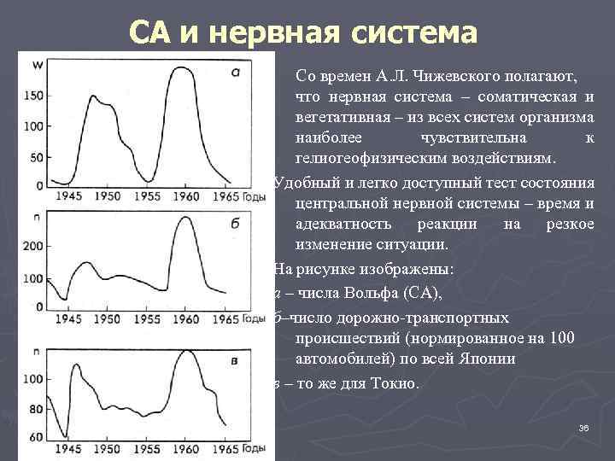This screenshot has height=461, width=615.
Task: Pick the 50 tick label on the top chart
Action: coord(36,158)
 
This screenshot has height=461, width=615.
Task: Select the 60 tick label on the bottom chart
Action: coord(36,438)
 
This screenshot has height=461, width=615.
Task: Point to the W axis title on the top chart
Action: coord(38,65)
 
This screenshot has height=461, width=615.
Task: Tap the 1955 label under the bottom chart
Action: coord(146,449)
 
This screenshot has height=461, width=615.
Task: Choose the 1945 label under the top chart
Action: coord(71,196)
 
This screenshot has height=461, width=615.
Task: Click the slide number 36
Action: coord(584,428)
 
